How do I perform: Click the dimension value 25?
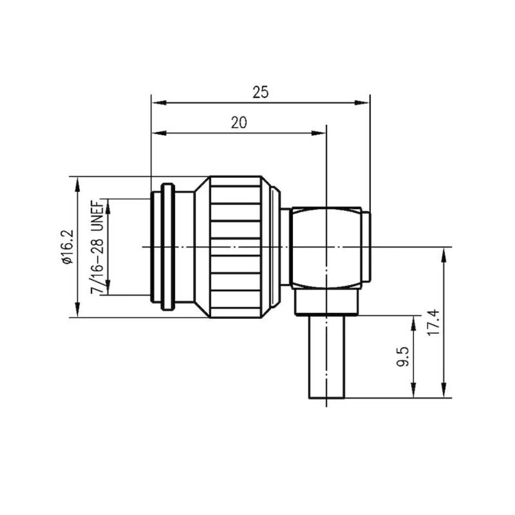tap(261, 92)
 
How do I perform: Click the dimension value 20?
tap(238, 123)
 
